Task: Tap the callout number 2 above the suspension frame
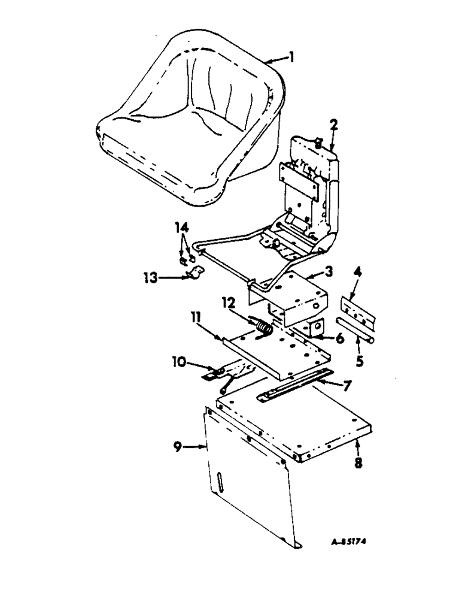(334, 126)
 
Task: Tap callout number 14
(181, 228)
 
